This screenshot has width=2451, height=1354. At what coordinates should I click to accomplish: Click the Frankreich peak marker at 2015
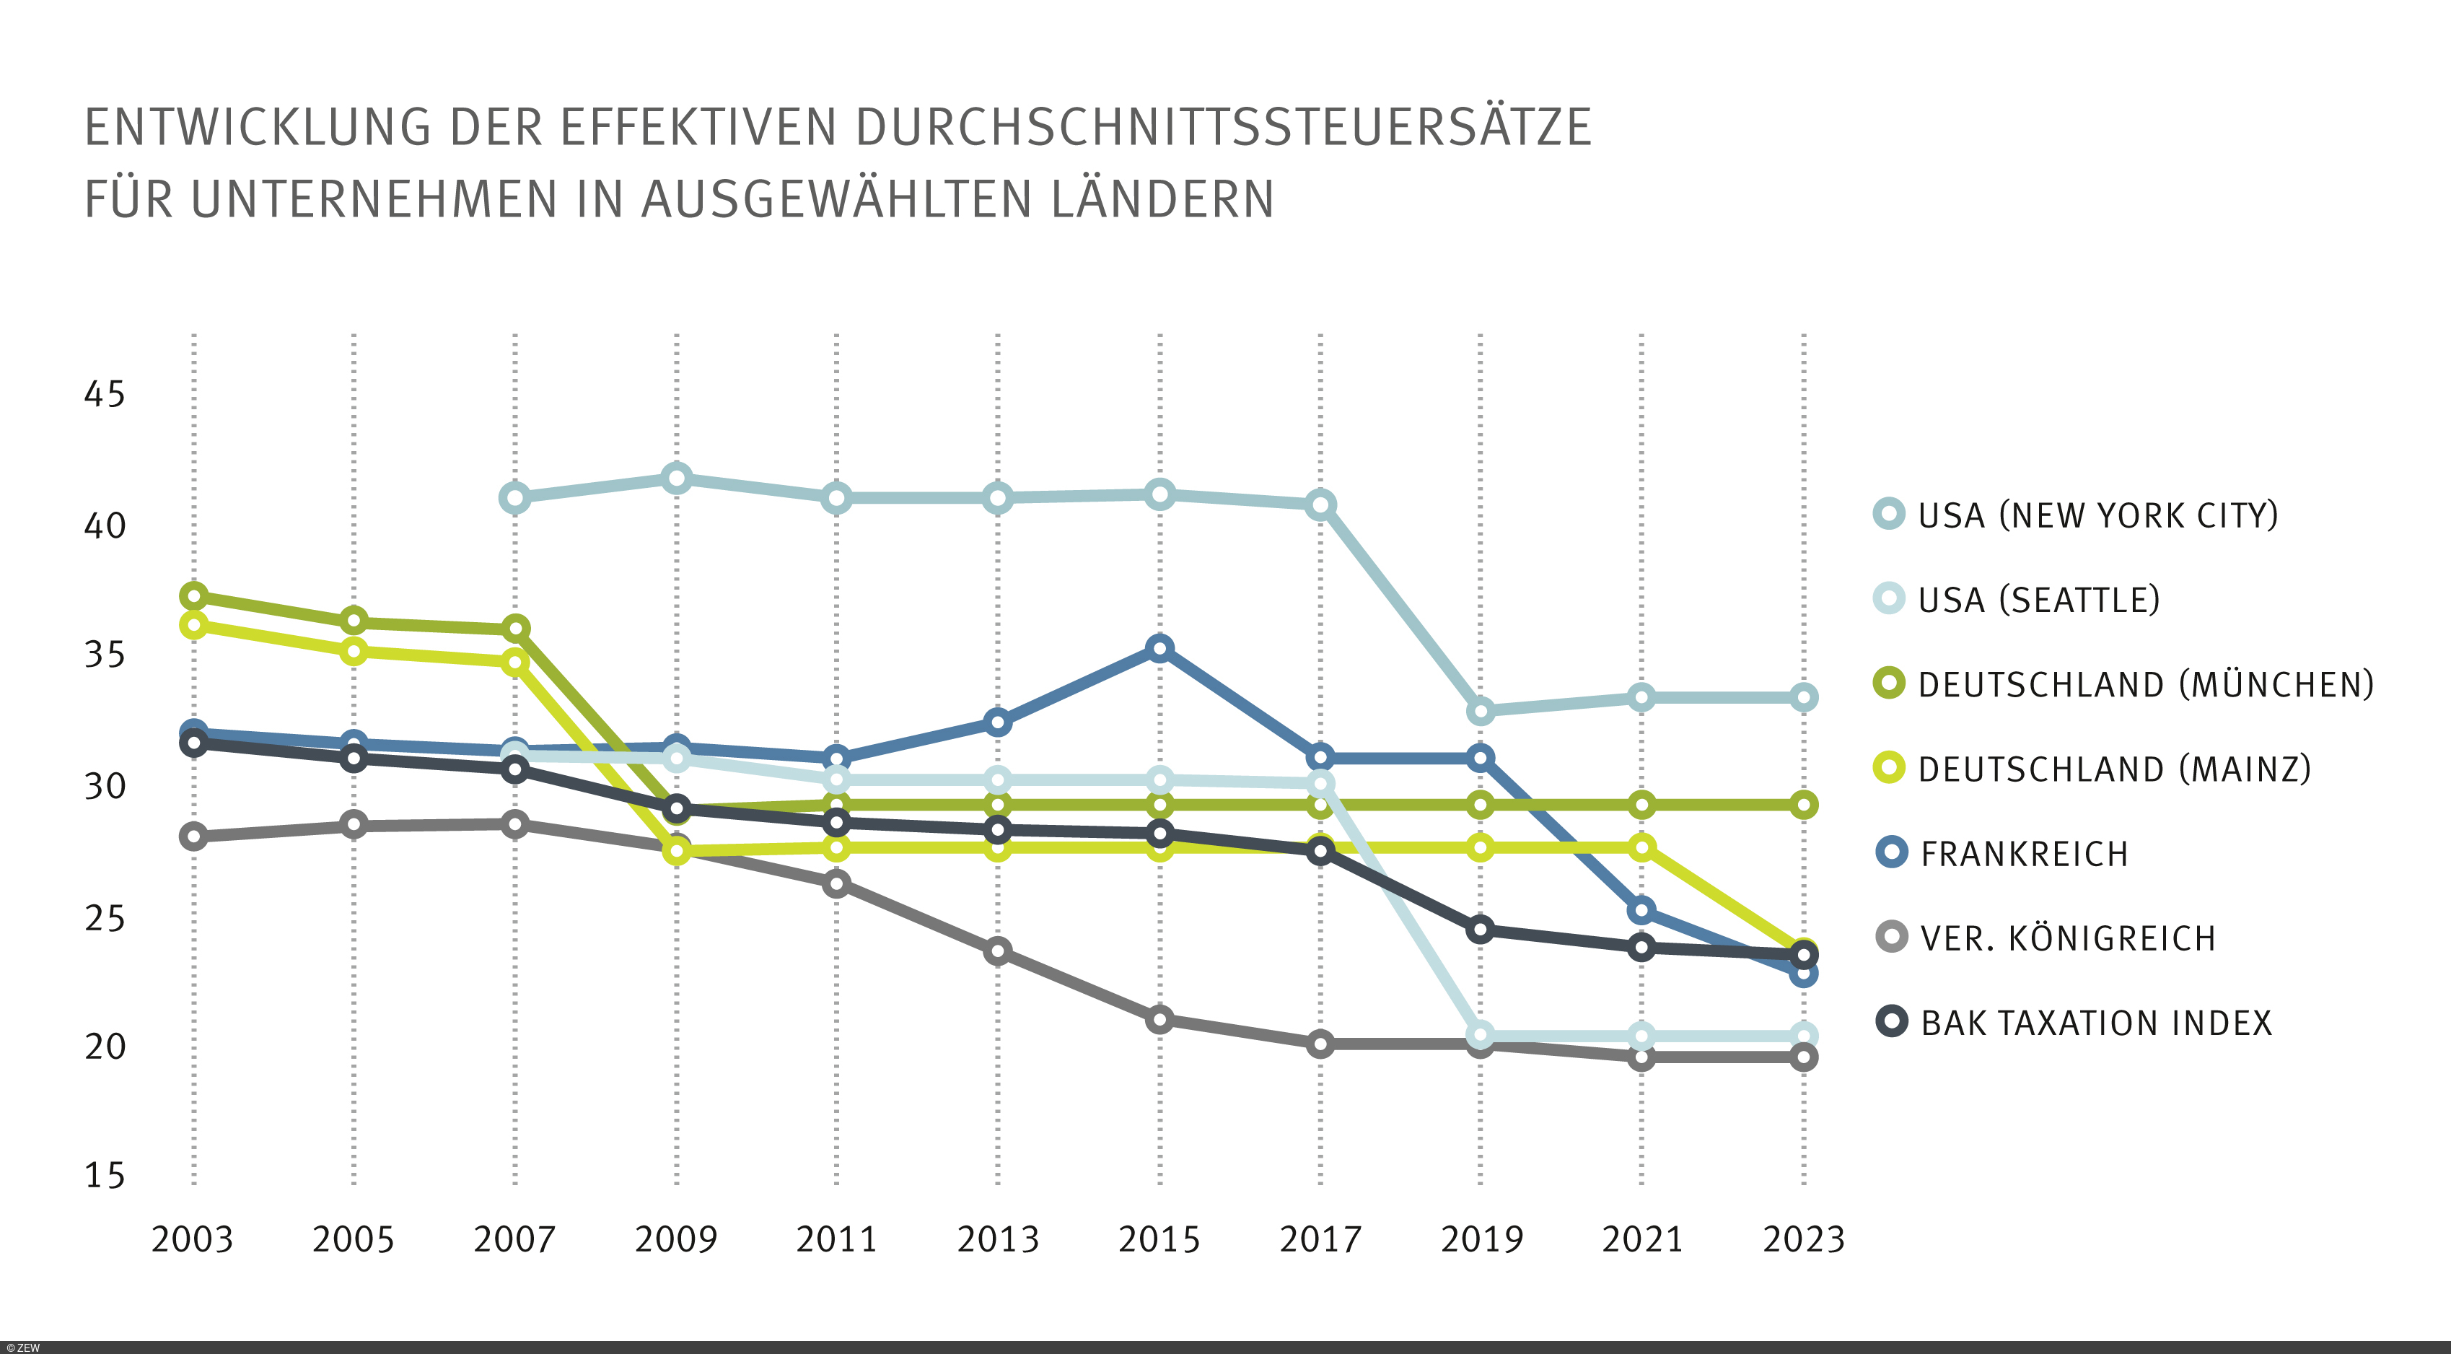click(1159, 649)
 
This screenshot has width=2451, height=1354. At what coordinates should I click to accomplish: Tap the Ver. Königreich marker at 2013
click(997, 951)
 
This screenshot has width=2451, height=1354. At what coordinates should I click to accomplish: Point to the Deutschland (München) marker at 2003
click(194, 597)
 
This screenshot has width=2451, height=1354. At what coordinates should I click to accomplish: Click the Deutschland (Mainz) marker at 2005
click(354, 652)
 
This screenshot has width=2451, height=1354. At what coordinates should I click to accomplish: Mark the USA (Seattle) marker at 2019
click(1480, 1034)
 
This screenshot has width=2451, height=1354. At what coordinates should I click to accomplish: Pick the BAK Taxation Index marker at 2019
click(1480, 930)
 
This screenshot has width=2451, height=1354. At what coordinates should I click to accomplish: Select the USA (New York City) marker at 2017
click(1320, 505)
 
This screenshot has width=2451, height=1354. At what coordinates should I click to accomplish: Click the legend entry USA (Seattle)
click(2038, 600)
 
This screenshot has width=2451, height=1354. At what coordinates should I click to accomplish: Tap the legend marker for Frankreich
click(1892, 852)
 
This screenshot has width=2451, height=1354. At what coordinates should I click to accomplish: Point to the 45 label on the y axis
click(104, 394)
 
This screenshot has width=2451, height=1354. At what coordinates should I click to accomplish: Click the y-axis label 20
click(104, 1047)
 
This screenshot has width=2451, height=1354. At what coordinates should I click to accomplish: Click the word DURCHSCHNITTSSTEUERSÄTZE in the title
click(1223, 128)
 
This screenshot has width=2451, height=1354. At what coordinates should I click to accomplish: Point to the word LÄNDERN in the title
click(1162, 200)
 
